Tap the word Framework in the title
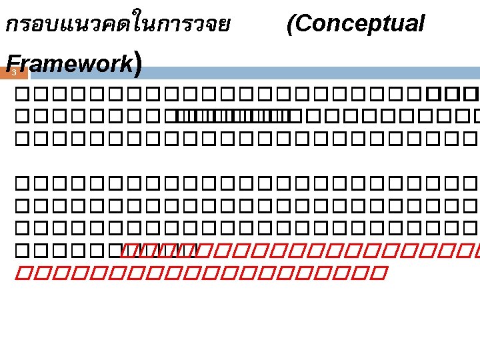click(70, 63)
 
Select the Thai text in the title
click(117, 25)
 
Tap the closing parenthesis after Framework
click(137, 63)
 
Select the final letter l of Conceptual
click(421, 24)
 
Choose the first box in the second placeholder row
click(21, 118)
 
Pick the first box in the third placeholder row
click(21, 140)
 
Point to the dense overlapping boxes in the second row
click(227, 118)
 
